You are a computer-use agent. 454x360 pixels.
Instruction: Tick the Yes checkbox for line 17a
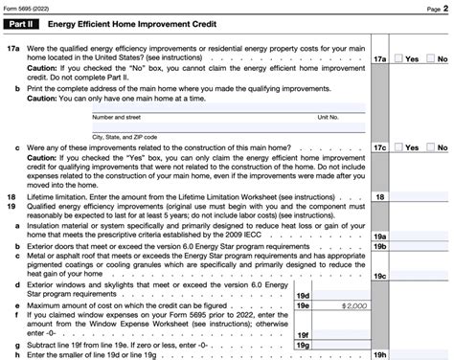click(398, 58)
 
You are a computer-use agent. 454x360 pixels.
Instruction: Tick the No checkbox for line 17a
click(429, 58)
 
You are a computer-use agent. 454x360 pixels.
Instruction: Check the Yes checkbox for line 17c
click(398, 147)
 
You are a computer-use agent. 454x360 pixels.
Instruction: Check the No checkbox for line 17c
click(429, 147)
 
